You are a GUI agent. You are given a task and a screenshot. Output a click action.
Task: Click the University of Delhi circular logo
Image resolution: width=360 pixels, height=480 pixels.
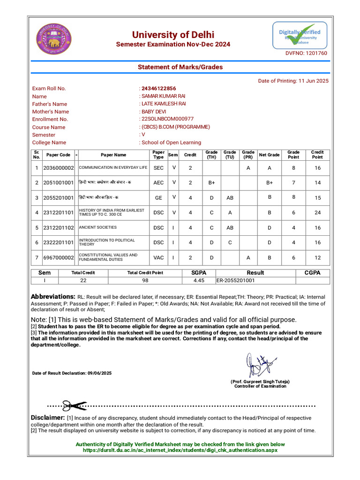tap(54, 39)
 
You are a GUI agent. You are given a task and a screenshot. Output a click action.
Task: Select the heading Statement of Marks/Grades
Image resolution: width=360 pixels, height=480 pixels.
tap(180, 67)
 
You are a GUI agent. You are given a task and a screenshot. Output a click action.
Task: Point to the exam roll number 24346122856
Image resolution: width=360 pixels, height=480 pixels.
tap(159, 88)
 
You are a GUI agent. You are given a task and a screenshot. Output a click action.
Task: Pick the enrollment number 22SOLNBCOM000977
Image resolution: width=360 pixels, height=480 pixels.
tap(167, 119)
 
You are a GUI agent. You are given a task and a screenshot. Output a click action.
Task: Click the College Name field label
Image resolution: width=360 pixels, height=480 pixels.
tap(49, 142)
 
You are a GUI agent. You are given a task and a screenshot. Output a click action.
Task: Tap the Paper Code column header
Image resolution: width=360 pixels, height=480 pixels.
tap(58, 155)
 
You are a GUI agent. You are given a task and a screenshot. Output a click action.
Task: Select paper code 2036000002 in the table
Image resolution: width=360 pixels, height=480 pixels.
tap(59, 168)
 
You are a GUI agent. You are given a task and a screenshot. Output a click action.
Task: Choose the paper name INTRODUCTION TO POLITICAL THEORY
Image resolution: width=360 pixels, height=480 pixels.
tap(106, 242)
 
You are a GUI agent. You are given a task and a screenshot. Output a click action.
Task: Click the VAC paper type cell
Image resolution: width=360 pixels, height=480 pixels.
tap(158, 257)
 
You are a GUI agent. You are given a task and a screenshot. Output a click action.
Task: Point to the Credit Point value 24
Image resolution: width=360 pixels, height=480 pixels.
tap(317, 212)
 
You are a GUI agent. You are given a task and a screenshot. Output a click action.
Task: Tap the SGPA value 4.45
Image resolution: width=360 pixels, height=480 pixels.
tap(199, 280)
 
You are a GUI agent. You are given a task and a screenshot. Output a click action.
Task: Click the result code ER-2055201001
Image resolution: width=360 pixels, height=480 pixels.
tap(235, 280)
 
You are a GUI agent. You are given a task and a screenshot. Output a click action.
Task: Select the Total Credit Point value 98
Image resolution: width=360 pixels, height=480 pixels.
tap(145, 280)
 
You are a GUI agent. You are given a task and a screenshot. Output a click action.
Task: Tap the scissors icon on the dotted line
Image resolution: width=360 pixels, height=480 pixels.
tap(74, 406)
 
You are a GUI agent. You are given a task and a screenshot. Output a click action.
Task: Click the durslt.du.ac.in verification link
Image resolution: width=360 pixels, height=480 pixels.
tap(180, 450)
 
